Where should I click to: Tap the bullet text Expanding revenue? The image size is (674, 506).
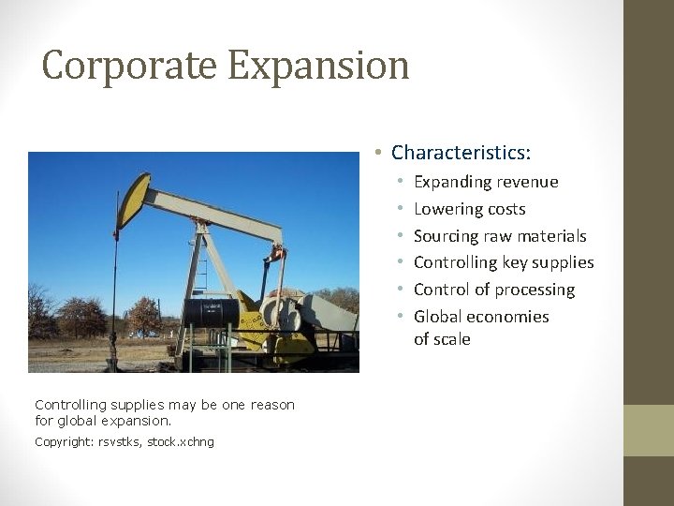pos(486,182)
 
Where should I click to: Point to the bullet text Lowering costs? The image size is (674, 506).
pos(470,209)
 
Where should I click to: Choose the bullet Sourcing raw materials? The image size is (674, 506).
pos(500,236)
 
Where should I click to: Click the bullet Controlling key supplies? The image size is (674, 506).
pos(504,262)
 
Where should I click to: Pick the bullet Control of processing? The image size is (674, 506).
pos(494,290)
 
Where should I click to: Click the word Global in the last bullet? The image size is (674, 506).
pos(438,317)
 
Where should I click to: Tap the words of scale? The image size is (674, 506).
pos(442,339)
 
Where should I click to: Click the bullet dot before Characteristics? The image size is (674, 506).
pos(374,152)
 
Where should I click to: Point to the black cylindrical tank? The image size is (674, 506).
pos(211,311)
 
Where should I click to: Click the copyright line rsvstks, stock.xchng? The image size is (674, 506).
pos(124,441)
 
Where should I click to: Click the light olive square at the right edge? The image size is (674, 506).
pos(648,430)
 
